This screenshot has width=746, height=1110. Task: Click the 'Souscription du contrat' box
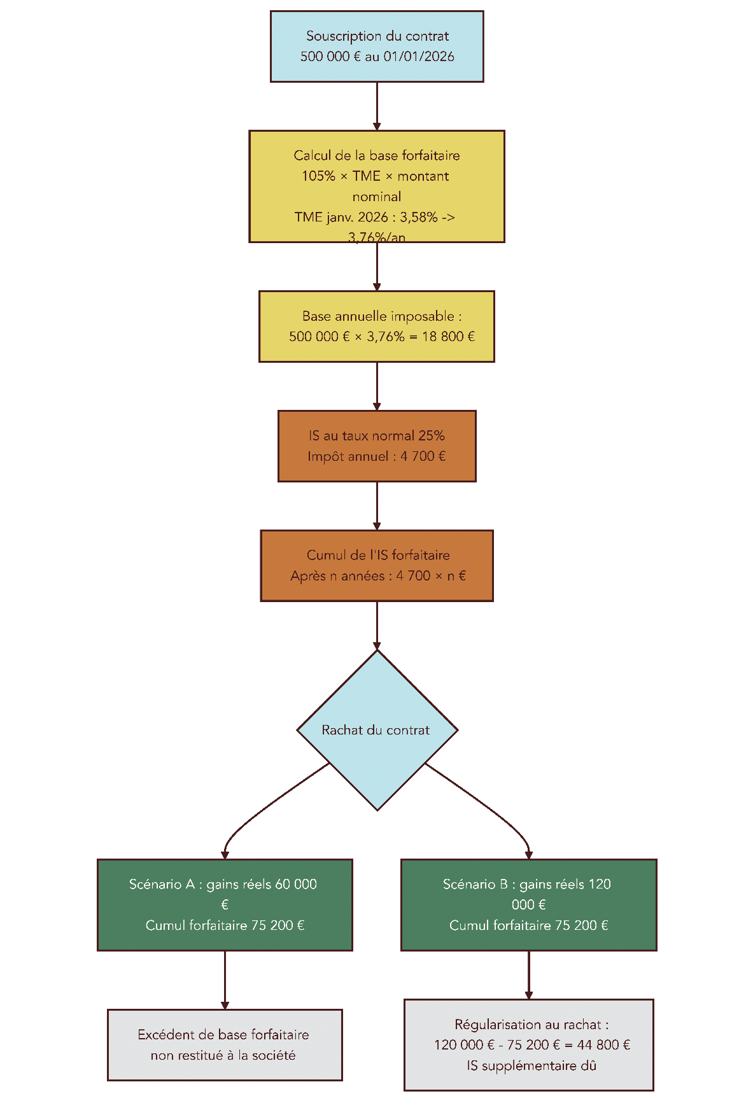pyautogui.click(x=377, y=46)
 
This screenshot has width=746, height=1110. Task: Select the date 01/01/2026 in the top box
pyautogui.click(x=419, y=57)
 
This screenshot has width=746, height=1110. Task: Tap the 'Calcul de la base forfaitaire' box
pyautogui.click(x=377, y=186)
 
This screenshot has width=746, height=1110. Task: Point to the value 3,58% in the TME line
pyautogui.click(x=419, y=217)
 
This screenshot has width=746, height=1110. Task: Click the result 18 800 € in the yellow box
pyautogui.click(x=448, y=337)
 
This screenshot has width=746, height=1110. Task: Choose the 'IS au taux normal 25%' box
pyautogui.click(x=377, y=446)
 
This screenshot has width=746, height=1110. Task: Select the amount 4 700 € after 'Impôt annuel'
pyautogui.click(x=423, y=456)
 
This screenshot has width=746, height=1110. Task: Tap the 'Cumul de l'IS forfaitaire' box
pyautogui.click(x=377, y=565)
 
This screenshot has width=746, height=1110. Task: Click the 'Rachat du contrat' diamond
pyautogui.click(x=377, y=730)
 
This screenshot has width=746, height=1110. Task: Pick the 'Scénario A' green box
pyautogui.click(x=225, y=904)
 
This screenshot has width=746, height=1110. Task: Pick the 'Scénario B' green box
pyautogui.click(x=528, y=904)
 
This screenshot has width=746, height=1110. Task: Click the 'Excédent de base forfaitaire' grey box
pyautogui.click(x=225, y=1044)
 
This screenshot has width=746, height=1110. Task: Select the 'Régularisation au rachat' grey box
pyautogui.click(x=528, y=1044)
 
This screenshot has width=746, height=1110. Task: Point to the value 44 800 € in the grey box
pyautogui.click(x=603, y=1045)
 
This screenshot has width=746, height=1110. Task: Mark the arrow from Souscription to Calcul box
pyautogui.click(x=377, y=106)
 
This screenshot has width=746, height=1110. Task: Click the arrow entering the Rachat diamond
pyautogui.click(x=377, y=625)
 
